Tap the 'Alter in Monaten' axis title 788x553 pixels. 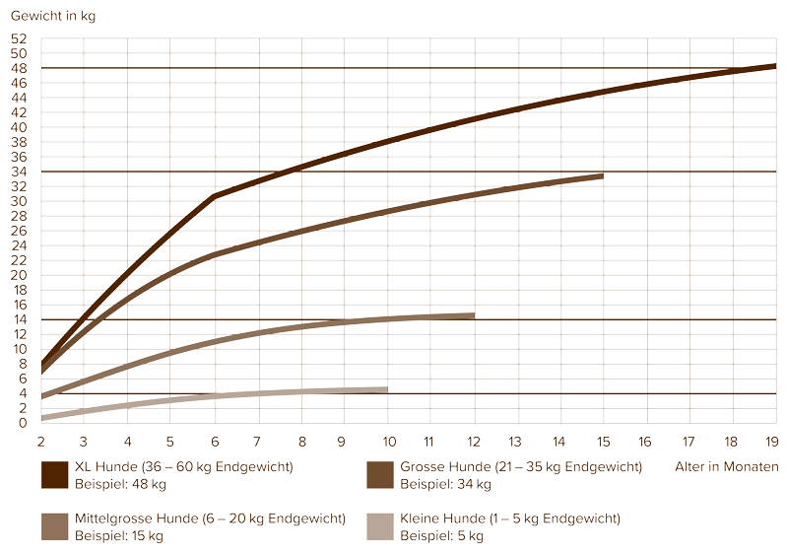[x=728, y=466]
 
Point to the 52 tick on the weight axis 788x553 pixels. [x=20, y=38]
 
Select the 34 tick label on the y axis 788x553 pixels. [x=20, y=172]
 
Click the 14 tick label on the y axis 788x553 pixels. [x=20, y=319]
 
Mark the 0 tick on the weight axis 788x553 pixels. [x=23, y=423]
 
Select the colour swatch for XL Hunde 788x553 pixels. [x=53, y=474]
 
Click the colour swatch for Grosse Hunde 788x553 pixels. [x=379, y=474]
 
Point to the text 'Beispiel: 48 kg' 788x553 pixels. [x=119, y=484]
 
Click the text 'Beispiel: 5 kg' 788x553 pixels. [x=441, y=536]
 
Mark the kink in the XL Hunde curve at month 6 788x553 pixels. [x=214, y=197]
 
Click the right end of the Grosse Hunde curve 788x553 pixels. [x=602, y=175]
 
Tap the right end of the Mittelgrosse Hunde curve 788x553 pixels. [x=473, y=315]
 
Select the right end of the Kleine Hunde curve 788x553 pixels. [x=386, y=390]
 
